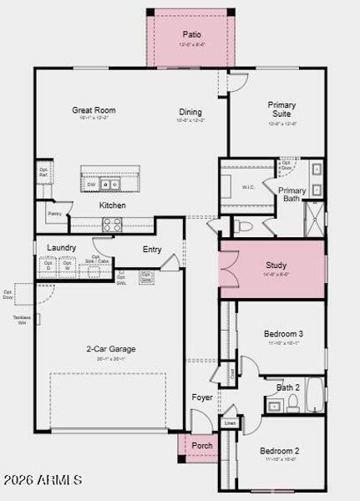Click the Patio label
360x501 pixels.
point(191,34)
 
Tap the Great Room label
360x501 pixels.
point(94,110)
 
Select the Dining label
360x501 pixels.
point(190,112)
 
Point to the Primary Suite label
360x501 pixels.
point(281,110)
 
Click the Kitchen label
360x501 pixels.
point(113,205)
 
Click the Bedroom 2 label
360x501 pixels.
point(279,451)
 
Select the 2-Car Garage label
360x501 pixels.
point(111,349)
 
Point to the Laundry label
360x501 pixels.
point(62,248)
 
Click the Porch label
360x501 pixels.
point(202,445)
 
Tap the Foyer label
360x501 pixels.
point(202,397)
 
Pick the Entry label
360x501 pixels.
point(152,249)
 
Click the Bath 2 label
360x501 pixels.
point(288,387)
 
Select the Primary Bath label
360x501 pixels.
point(292,195)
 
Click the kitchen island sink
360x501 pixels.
point(109,184)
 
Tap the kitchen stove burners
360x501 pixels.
point(112,224)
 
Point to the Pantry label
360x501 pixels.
point(54,214)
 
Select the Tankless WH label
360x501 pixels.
point(22,319)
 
